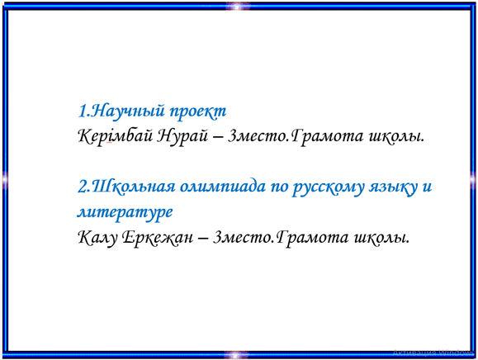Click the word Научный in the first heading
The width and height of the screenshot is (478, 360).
[x=128, y=111]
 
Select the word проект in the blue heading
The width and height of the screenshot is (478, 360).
[x=198, y=111]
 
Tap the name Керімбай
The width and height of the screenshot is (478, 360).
[x=116, y=136]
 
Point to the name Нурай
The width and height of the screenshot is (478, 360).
[x=182, y=136]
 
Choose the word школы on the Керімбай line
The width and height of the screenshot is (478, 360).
[x=396, y=136]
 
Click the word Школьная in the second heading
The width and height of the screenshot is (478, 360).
[x=134, y=187]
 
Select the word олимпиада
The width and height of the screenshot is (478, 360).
[x=223, y=187]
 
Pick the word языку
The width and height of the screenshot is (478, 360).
[x=393, y=187]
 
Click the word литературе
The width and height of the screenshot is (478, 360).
[x=125, y=212]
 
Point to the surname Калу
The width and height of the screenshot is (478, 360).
[x=97, y=238]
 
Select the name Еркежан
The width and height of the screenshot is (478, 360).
[x=158, y=238]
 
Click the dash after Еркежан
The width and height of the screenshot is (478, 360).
[x=203, y=239]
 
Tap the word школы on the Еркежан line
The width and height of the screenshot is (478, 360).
[x=381, y=238]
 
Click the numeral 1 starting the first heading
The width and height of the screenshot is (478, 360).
[x=83, y=111]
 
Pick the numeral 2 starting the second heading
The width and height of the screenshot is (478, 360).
[x=83, y=187]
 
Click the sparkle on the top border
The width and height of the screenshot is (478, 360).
[x=237, y=6]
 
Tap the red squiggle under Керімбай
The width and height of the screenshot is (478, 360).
[x=109, y=143]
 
